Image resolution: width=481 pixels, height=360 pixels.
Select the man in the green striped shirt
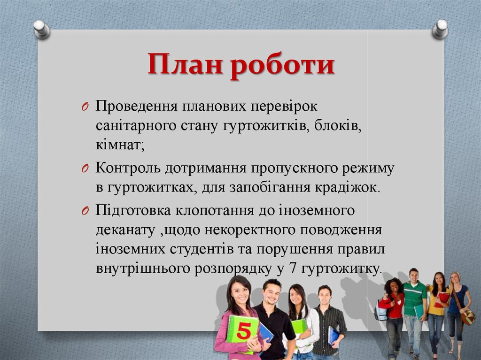pyautogui.click(x=413, y=300)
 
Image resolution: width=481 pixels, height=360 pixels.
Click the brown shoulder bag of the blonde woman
pyautogui.click(x=467, y=317)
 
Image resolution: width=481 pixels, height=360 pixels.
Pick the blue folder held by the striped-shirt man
pyautogui.click(x=334, y=334)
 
